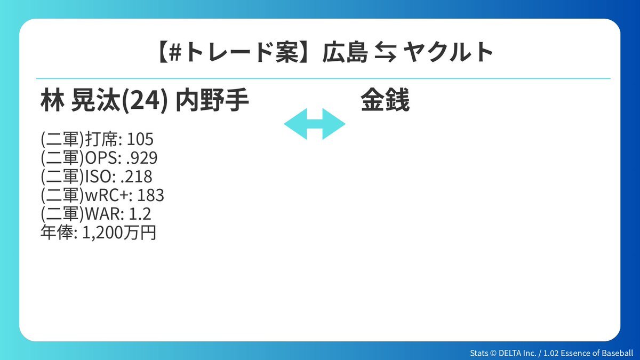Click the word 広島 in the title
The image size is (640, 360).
pos(345,52)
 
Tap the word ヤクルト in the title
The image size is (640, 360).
pos(449,52)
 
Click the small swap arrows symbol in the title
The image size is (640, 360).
pos(385,52)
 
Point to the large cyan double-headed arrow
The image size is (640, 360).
pos(315,124)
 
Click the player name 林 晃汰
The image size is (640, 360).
pos(81,100)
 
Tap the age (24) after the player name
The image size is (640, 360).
pos(145,100)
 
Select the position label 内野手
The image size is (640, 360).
pos(212,100)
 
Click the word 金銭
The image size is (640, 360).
pos(385,100)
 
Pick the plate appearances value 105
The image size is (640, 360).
pos(140,139)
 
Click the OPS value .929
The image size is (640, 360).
pos(141,158)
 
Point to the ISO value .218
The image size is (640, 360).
pos(137,177)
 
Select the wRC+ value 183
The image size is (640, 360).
pos(150,195)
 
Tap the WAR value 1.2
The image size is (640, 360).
pos(140,214)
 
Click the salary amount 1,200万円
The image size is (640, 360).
pos(119,233)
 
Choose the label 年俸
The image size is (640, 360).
pos(57,233)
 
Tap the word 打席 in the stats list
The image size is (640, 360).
pos(102,139)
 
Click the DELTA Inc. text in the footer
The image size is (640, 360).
pos(517,353)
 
